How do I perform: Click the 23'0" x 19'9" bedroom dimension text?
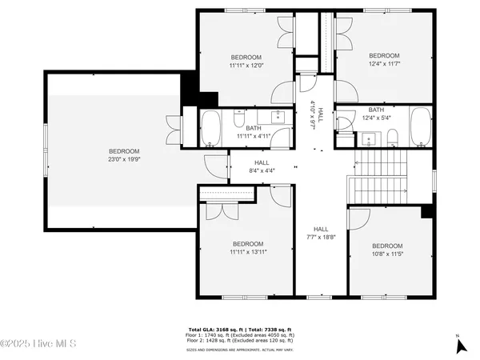(x=124, y=159)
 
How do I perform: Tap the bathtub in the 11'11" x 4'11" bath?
(x=210, y=129)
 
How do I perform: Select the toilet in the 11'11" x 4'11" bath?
(x=239, y=120)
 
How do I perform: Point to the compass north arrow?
(x=460, y=345)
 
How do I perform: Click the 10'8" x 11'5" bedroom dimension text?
(x=386, y=254)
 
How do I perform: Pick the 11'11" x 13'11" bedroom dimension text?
(x=248, y=252)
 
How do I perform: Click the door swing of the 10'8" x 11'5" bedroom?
(x=357, y=218)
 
